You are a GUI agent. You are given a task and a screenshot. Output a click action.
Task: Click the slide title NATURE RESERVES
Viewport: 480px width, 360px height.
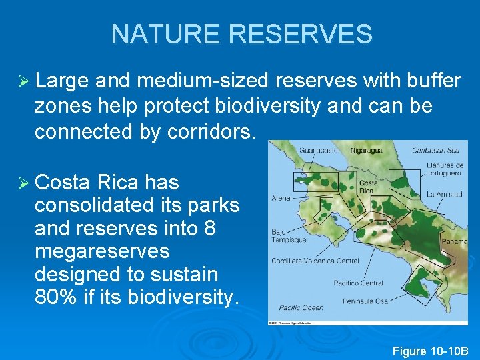tap(241, 33)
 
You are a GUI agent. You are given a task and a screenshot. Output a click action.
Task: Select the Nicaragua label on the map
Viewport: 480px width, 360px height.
tap(366, 151)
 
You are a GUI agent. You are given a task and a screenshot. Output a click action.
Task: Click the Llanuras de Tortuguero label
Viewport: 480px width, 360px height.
tap(445, 169)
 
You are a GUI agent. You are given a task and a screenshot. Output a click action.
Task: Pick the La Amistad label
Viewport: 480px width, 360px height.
tap(445, 194)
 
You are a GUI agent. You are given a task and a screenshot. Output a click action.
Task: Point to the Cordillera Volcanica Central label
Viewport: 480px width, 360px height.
tap(315, 261)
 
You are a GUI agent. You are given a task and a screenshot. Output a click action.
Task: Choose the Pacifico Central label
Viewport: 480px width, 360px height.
tap(359, 283)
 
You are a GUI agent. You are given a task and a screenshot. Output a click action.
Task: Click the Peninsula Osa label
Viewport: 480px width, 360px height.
tap(365, 301)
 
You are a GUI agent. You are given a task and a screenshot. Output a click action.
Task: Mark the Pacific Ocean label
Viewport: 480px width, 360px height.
tap(301, 307)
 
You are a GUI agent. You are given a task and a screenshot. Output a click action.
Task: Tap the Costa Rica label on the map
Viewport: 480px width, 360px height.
tap(369, 186)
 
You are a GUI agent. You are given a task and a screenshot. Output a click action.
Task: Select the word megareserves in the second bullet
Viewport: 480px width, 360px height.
tap(102, 251)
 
